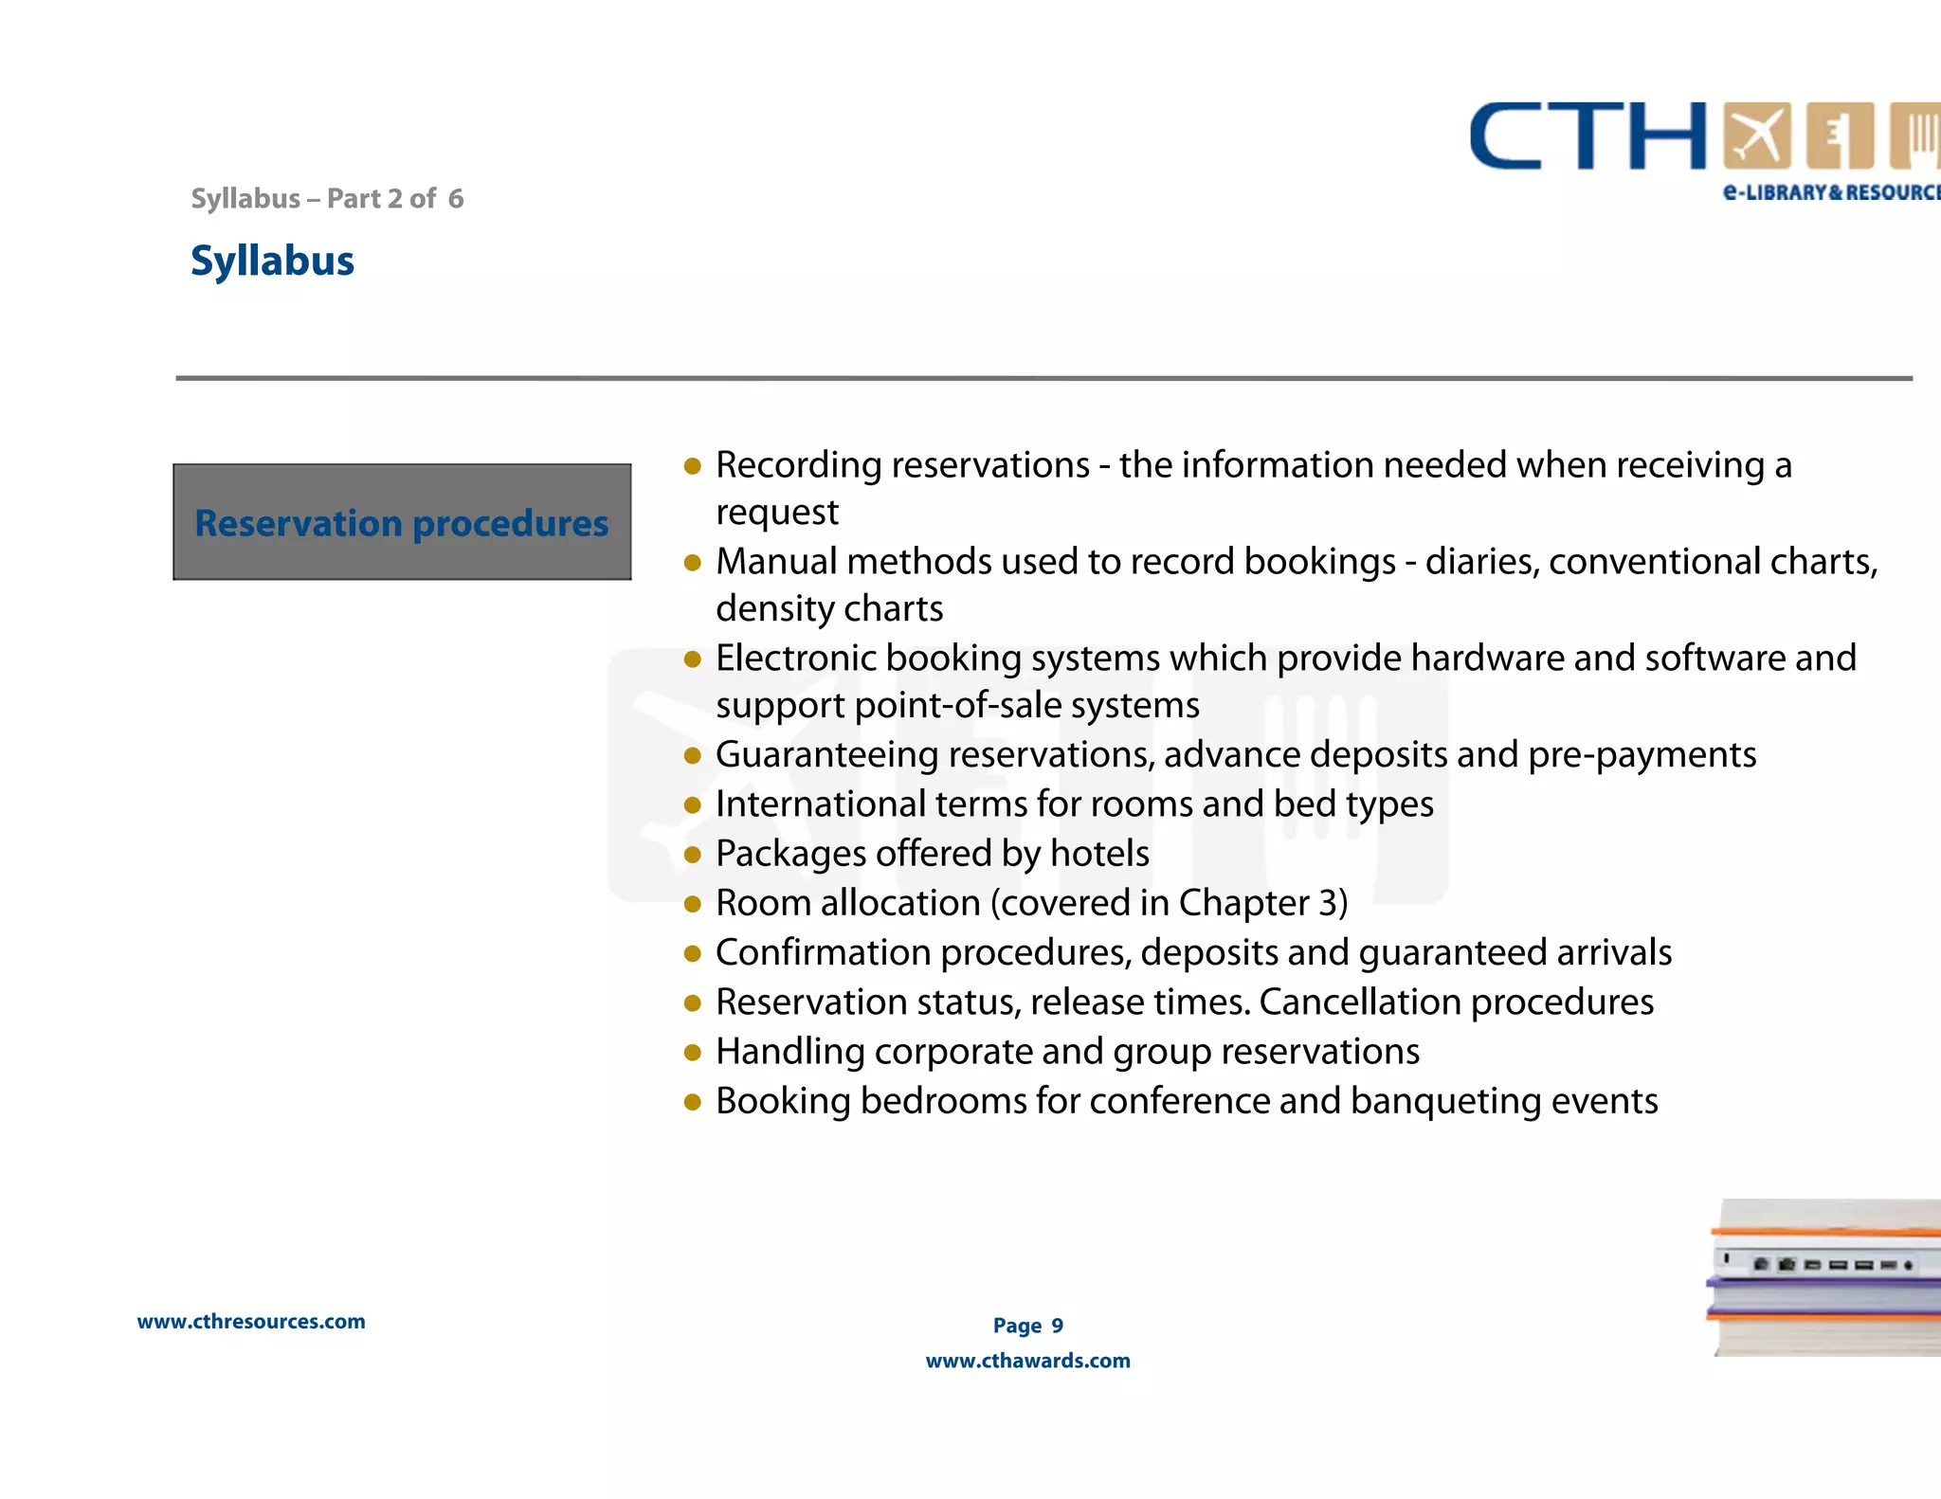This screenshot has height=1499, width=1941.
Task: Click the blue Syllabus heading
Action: (x=272, y=261)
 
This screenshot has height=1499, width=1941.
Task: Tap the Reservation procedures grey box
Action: (x=402, y=522)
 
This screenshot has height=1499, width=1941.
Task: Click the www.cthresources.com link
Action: (x=251, y=1321)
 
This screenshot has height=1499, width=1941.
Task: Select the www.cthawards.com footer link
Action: (x=1027, y=1361)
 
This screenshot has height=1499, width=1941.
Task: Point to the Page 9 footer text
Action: (x=1027, y=1326)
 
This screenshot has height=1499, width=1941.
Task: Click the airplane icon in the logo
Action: (x=1756, y=135)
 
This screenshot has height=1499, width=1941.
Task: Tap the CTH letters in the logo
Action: (x=1587, y=136)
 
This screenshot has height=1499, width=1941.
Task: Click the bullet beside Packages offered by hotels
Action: (x=693, y=856)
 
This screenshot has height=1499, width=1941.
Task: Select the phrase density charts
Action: (x=829, y=608)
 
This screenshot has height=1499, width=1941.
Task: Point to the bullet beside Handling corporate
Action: (x=693, y=1053)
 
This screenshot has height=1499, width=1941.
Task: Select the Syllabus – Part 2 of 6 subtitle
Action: (x=327, y=198)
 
